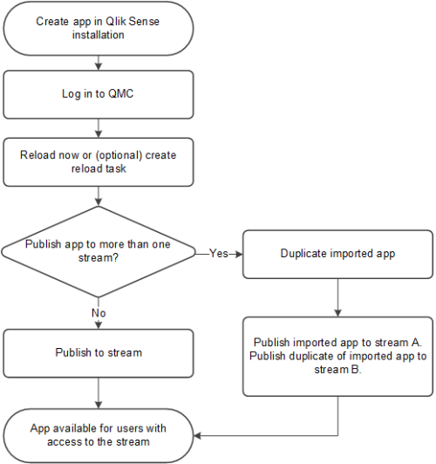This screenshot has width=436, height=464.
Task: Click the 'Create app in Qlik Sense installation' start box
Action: [98, 29]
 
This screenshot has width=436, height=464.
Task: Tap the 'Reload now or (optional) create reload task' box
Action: [98, 160]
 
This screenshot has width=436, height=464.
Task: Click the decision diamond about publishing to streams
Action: [98, 254]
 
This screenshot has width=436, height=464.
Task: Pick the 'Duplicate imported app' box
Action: [337, 254]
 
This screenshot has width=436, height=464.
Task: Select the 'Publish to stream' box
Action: [98, 353]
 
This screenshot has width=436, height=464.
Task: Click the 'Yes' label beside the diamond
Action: [219, 254]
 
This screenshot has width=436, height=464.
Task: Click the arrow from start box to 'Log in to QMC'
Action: [98, 62]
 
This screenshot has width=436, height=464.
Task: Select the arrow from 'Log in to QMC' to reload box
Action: [98, 128]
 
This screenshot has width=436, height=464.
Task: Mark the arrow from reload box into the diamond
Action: [98, 195]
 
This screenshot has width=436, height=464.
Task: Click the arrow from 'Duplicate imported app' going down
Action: [337, 297]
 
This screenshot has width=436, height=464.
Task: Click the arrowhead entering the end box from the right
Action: [198, 433]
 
